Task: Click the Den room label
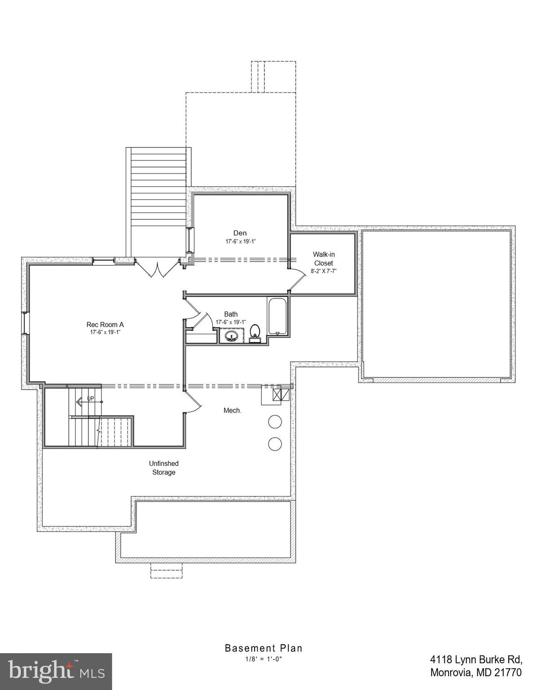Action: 240,233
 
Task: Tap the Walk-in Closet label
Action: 323,259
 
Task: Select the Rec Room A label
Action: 105,324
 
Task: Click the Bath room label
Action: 231,314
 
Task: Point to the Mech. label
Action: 232,410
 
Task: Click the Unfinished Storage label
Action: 163,468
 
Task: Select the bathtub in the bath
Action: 278,316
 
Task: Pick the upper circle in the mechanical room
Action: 275,422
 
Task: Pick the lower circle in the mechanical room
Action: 275,444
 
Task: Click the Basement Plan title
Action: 264,648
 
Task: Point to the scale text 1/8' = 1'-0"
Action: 264,659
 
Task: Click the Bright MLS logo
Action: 56,672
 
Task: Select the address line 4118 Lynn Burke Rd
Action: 476,659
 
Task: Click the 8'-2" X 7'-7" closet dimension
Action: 323,271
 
